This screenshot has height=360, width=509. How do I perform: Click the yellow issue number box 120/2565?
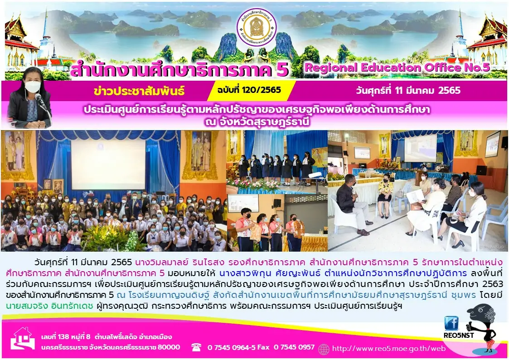tap(252, 90)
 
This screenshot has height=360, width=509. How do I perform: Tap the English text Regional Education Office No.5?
tap(397, 68)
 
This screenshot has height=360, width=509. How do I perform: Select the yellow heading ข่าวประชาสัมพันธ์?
tap(139, 91)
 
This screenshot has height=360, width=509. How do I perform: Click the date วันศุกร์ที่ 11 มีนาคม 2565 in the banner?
tap(408, 90)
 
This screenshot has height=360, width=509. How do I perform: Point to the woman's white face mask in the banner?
tap(33, 87)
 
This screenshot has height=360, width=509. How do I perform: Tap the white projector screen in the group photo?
tap(108, 164)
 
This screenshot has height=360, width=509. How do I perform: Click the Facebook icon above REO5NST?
tap(451, 323)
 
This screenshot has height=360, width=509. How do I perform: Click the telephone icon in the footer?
tap(196, 347)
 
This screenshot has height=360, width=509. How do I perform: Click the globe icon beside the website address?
tap(324, 349)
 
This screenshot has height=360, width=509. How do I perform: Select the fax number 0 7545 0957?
tap(294, 347)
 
